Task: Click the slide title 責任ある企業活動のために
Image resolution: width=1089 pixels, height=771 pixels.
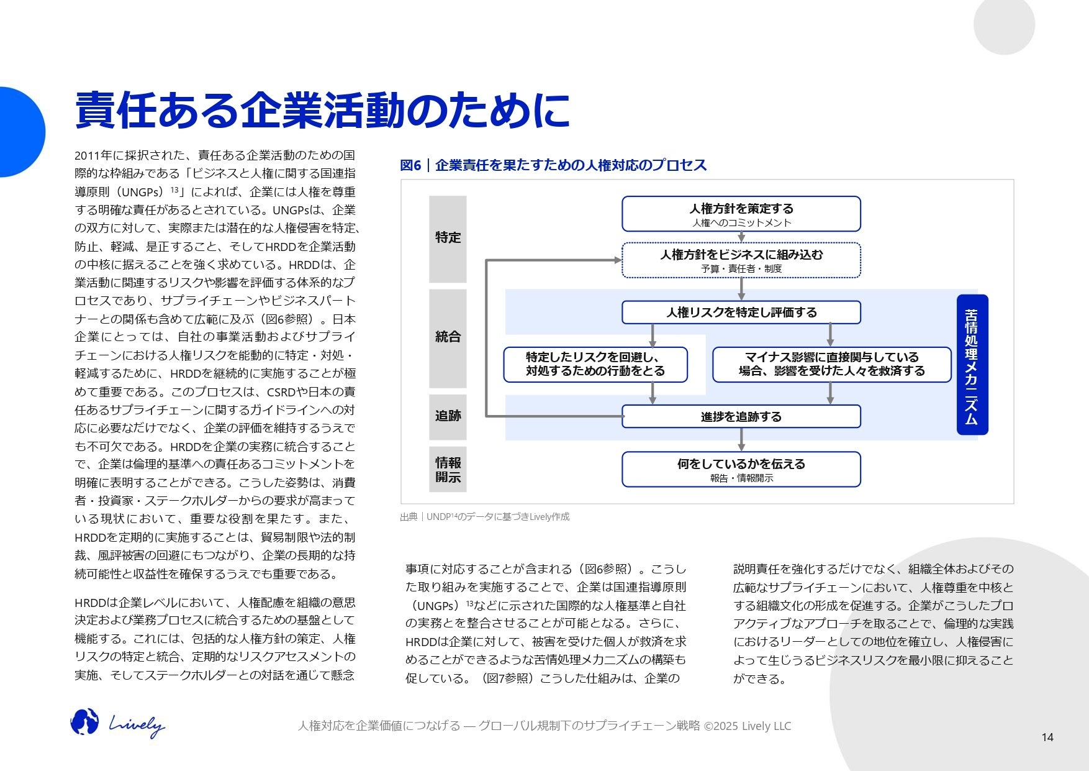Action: tap(322, 111)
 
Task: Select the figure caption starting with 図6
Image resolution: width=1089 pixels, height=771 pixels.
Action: tap(553, 165)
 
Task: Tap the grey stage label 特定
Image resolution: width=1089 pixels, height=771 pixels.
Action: tap(448, 238)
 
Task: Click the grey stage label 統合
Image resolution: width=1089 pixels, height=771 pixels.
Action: tap(448, 337)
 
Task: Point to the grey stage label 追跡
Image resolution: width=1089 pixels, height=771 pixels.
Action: tap(448, 416)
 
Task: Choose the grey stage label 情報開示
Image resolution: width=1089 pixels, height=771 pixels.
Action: tap(448, 470)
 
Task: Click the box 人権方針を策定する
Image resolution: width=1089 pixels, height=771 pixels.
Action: tap(741, 214)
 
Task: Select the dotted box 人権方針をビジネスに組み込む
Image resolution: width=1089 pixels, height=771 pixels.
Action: tap(741, 260)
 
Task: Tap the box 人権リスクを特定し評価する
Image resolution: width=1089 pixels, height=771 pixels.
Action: tap(741, 313)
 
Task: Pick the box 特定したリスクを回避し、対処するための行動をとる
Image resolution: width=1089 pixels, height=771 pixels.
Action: tap(595, 365)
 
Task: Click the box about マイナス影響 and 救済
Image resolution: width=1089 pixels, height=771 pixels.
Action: tap(831, 365)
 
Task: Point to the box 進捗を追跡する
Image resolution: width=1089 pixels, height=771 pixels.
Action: tap(741, 417)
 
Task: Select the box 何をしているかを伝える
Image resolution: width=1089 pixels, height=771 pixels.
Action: tap(741, 470)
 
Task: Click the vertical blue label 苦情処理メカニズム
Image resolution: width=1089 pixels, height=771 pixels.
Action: tap(972, 365)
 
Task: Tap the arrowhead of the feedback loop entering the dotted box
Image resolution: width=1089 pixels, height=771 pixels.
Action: tap(617, 260)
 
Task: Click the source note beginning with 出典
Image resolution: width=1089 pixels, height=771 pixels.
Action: tap(484, 517)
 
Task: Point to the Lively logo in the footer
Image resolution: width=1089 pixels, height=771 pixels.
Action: tap(118, 724)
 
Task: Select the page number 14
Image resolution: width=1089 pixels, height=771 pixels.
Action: tap(1047, 737)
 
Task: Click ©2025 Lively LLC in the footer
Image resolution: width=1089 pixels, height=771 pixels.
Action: tap(747, 726)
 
